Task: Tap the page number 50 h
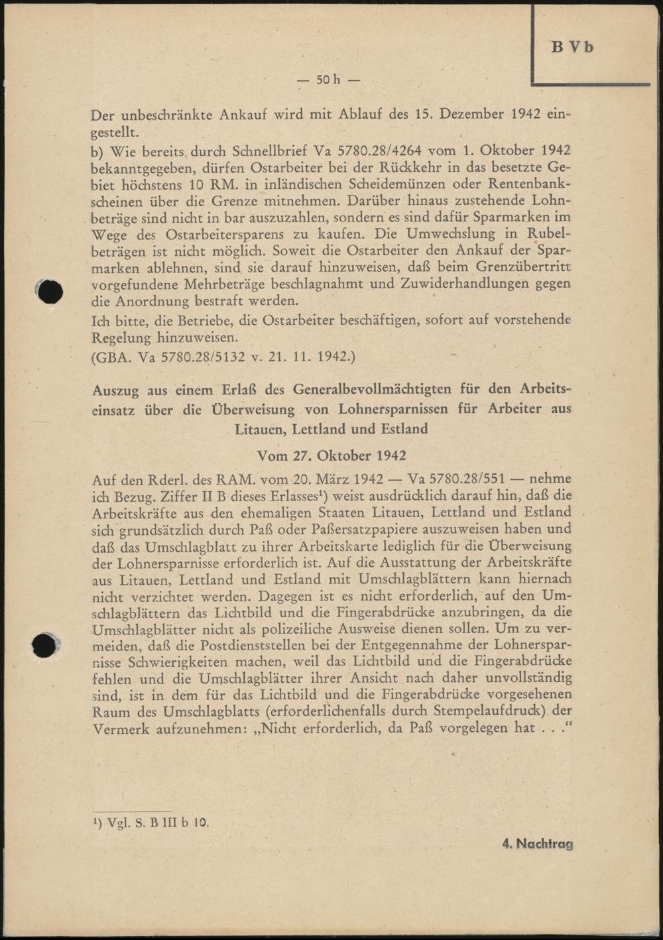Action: coord(328,80)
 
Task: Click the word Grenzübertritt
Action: coord(524,267)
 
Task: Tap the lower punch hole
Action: coord(44,645)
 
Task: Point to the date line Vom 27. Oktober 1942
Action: coord(331,455)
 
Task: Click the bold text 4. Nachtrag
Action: coord(537,844)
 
